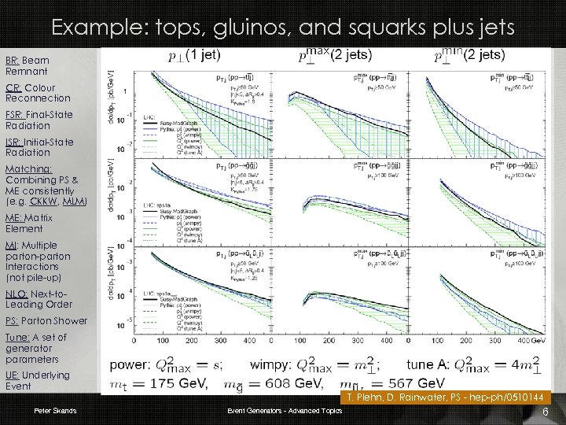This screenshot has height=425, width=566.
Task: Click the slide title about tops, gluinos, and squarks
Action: pos(282,28)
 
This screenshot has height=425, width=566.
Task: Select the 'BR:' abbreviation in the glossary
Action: pos(13,60)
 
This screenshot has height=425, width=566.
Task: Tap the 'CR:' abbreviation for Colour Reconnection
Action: pos(13,87)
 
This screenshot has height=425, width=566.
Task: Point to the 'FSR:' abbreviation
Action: pos(15,114)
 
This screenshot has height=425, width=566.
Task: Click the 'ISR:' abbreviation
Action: pos(14,142)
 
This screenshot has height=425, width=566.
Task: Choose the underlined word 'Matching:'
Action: pos(28,168)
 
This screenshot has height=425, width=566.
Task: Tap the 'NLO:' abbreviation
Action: pos(16,294)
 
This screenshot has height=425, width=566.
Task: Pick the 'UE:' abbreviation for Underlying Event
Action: pos(13,375)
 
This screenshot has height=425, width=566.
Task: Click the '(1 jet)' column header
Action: pos(204,55)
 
